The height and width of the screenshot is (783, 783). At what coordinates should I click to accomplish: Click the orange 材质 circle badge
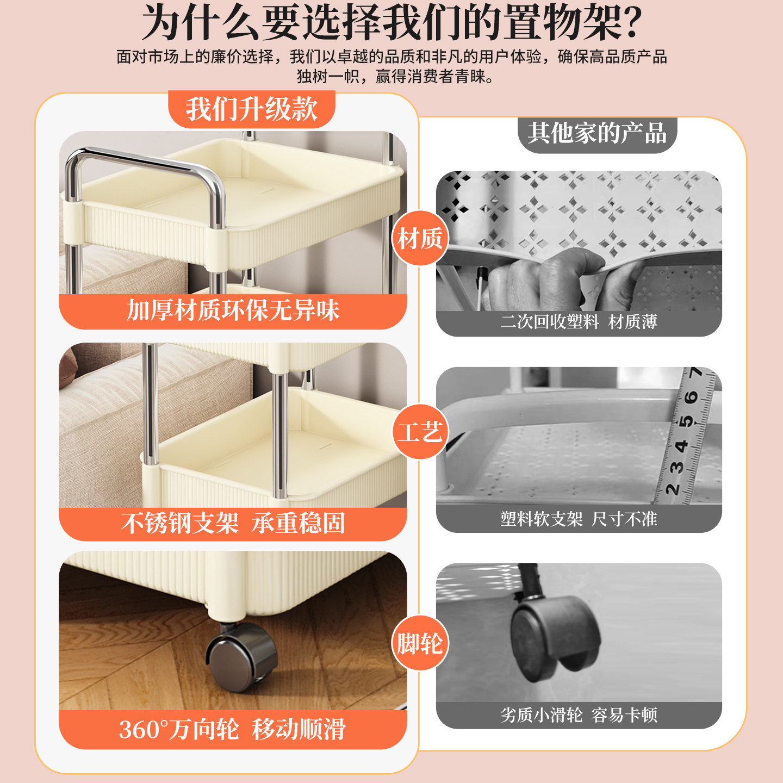pos(420,238)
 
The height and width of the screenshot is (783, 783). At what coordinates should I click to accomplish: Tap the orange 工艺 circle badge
pos(420,432)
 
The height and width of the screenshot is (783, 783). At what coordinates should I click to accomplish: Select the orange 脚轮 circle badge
pos(420,643)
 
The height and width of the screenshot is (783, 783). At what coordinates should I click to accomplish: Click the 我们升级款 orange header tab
pos(251,109)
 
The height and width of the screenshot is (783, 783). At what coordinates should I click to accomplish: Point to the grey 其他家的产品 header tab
pos(596,133)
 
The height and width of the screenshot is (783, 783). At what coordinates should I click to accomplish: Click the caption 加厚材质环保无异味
pos(233,310)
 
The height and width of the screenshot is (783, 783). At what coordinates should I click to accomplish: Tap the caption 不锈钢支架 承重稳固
pos(233,523)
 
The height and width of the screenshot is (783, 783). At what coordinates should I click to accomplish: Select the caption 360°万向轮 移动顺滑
pos(233,729)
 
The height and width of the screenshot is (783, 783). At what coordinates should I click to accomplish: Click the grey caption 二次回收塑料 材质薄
pos(579,322)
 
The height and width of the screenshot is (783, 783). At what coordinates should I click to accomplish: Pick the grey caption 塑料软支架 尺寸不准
pos(579,519)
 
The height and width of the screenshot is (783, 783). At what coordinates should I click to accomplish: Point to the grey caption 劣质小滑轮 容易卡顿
pos(579,714)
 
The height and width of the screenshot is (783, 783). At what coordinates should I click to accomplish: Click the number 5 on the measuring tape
pos(687,421)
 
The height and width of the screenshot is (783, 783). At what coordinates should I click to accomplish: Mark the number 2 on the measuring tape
pos(673,488)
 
